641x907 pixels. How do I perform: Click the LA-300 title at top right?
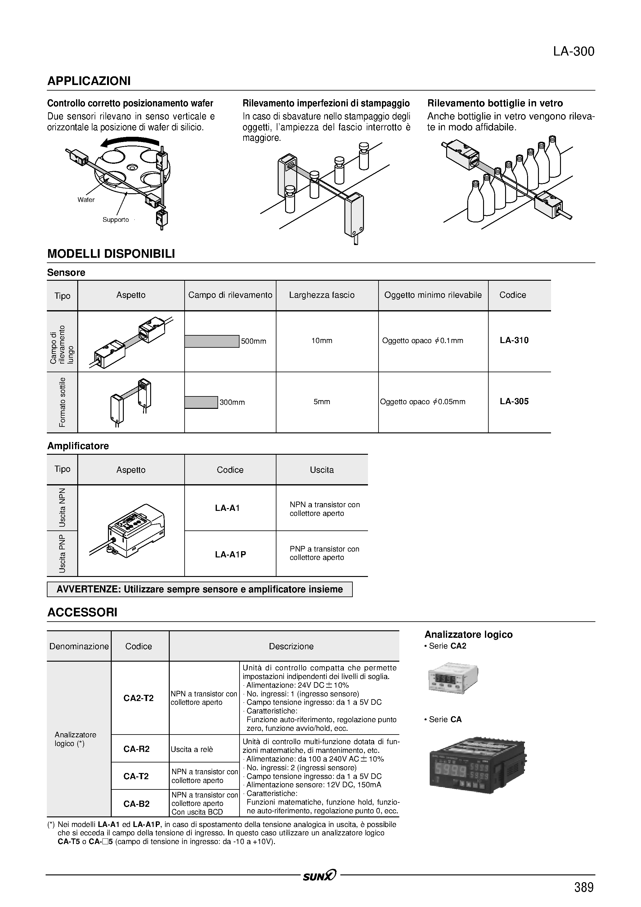click(573, 52)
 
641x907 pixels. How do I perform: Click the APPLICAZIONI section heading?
click(89, 81)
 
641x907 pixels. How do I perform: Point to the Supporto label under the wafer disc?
click(115, 220)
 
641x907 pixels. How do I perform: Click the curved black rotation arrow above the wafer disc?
click(130, 141)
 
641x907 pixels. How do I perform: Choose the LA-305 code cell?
click(514, 401)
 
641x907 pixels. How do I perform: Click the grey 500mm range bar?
click(212, 341)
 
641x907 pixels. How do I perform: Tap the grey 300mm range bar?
click(201, 402)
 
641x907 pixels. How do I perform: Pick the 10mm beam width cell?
click(322, 341)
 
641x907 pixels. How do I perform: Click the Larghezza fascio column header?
click(322, 295)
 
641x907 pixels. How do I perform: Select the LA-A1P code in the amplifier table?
click(231, 554)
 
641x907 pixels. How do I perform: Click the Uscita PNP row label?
click(62, 553)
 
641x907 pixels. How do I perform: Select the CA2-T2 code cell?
click(138, 698)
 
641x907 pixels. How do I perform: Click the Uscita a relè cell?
click(192, 749)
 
